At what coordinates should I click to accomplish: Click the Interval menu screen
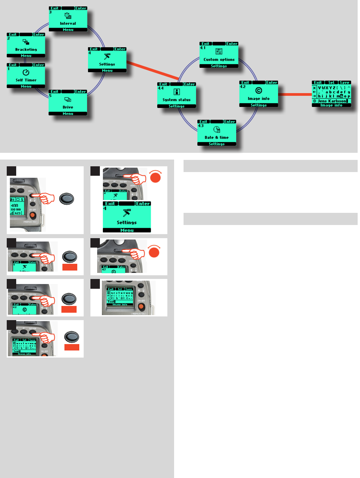point(68,19)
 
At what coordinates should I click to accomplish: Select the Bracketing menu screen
point(26,46)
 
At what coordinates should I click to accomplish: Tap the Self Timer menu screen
point(26,76)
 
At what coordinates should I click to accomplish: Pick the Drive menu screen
point(68,103)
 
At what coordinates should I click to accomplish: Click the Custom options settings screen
point(219,55)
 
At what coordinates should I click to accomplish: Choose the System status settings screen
point(176,95)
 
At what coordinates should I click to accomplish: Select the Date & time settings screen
point(217,133)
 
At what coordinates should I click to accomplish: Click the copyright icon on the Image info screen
point(259,90)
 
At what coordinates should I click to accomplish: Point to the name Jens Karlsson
point(332,101)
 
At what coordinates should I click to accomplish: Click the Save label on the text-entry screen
point(344,83)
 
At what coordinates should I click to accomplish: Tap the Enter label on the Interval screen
point(81,8)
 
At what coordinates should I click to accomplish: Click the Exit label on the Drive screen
point(55,91)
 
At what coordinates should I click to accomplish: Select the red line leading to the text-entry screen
point(295,94)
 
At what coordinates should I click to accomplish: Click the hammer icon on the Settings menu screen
point(107,56)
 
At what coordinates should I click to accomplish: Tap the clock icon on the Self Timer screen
point(26,72)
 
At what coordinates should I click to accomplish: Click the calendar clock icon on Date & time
point(217,130)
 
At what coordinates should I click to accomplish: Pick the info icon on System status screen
point(176,92)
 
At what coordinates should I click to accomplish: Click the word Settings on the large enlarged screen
point(127,223)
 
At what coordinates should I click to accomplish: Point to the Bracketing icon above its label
point(26,42)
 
